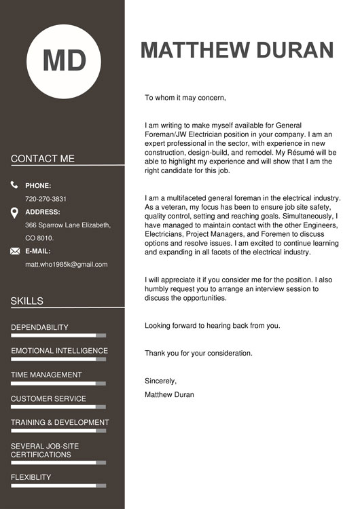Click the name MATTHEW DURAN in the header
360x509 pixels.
237,50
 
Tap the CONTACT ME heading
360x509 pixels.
43,159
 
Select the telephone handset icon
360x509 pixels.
15,185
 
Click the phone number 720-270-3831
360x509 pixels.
46,199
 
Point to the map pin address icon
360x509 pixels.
15,213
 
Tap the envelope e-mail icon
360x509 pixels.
15,251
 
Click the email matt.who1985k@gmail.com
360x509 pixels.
66,264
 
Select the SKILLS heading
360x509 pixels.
27,301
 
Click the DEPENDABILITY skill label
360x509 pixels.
39,327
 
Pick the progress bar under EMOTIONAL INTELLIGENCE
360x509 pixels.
58,359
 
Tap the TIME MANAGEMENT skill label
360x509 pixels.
46,375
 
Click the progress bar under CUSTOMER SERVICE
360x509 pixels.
58,407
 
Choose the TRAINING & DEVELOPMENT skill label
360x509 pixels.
60,422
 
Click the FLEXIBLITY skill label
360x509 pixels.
31,477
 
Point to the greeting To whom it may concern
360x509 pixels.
185,98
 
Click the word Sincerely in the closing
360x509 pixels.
160,381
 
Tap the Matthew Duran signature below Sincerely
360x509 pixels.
169,394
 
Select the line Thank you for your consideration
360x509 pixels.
198,353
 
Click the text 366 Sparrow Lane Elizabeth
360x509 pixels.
67,225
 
